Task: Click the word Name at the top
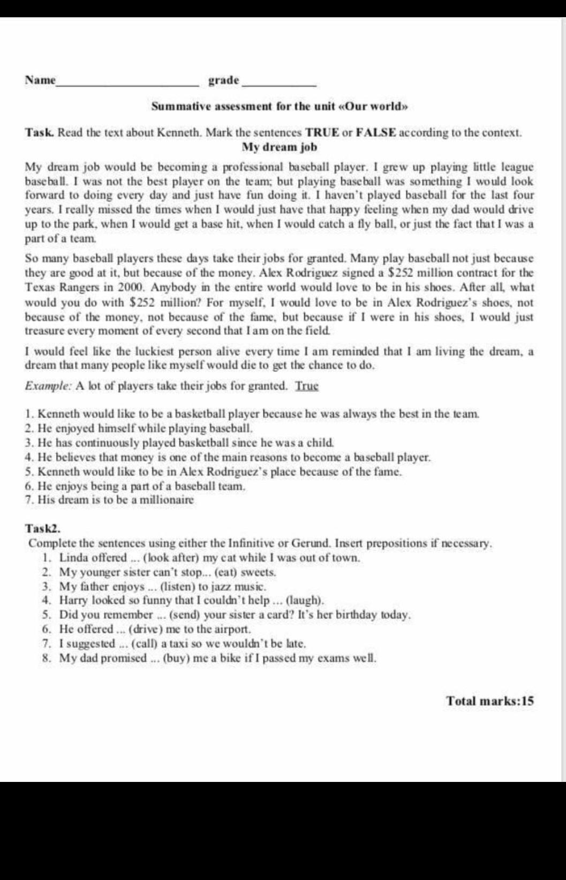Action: pyautogui.click(x=40, y=80)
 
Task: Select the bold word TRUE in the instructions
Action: pyautogui.click(x=324, y=132)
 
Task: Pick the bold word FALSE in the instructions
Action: pyautogui.click(x=376, y=132)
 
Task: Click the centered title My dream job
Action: pyautogui.click(x=280, y=147)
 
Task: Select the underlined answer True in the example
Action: pyautogui.click(x=307, y=386)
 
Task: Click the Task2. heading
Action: pyautogui.click(x=42, y=528)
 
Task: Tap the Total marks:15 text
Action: pyautogui.click(x=490, y=701)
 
